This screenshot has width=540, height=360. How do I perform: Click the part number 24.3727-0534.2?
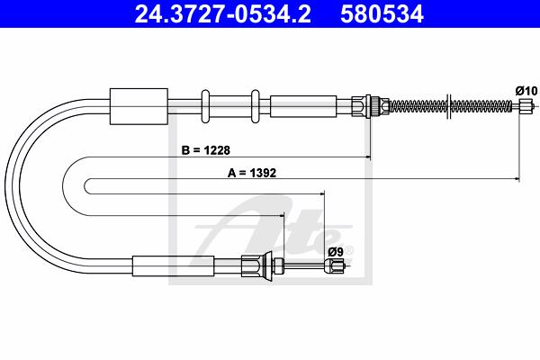point(223,14)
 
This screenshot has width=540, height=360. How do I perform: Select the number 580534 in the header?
point(382,14)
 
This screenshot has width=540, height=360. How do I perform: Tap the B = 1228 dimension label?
point(205,150)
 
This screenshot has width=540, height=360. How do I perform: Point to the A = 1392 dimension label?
point(252,173)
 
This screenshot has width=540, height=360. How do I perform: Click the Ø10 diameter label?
point(526,91)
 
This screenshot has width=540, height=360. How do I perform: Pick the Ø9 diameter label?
point(336,252)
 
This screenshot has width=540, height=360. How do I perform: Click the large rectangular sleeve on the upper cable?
point(139,106)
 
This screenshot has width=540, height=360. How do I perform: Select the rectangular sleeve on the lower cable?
point(173,266)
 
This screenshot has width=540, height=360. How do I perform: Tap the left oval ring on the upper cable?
point(205,106)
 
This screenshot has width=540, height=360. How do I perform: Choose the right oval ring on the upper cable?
point(256,106)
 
